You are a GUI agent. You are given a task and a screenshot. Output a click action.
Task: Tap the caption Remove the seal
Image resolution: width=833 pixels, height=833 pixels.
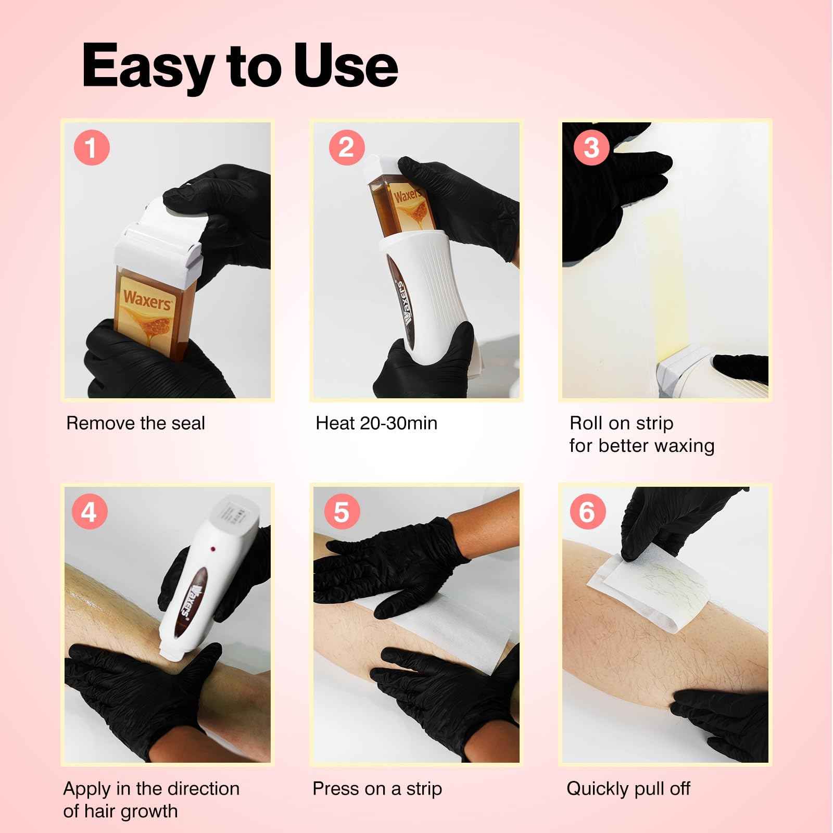pos(135,423)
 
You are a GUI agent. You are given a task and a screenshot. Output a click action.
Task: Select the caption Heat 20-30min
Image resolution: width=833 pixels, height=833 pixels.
pos(376,423)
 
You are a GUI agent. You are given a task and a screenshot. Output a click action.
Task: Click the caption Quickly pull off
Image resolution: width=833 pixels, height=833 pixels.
pos(628,788)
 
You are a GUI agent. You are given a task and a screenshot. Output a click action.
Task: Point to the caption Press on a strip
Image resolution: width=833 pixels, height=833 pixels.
pos(377,788)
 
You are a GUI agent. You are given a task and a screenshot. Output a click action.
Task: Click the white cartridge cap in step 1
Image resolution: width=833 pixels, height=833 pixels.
pos(156,234)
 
